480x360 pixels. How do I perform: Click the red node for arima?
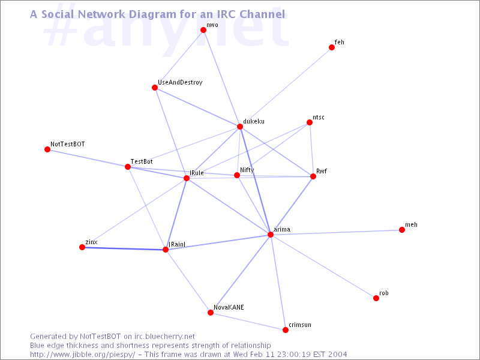coord(271,235)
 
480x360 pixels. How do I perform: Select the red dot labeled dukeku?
coord(240,127)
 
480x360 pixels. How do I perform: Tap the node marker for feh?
coord(332,47)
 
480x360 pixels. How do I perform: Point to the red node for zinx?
coord(82,247)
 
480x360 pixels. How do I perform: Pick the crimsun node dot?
coord(286,330)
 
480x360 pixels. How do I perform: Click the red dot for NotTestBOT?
coord(47,149)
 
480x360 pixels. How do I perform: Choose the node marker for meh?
coord(402,230)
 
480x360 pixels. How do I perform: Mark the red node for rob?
coord(376,298)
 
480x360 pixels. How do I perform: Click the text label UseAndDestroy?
coord(180,82)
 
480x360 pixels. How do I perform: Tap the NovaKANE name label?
coord(229,307)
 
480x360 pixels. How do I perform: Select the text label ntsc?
coord(319,117)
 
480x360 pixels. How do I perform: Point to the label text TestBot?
coord(142,161)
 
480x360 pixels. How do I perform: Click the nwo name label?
coord(212,25)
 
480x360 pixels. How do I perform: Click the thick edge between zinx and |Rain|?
coord(124,248)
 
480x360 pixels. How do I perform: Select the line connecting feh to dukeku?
coord(286,87)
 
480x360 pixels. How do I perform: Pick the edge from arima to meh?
coord(336,232)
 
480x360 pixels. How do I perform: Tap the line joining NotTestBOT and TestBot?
coord(88,158)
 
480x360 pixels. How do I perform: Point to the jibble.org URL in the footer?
coord(83,355)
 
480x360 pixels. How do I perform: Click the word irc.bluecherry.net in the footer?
coord(164,337)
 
